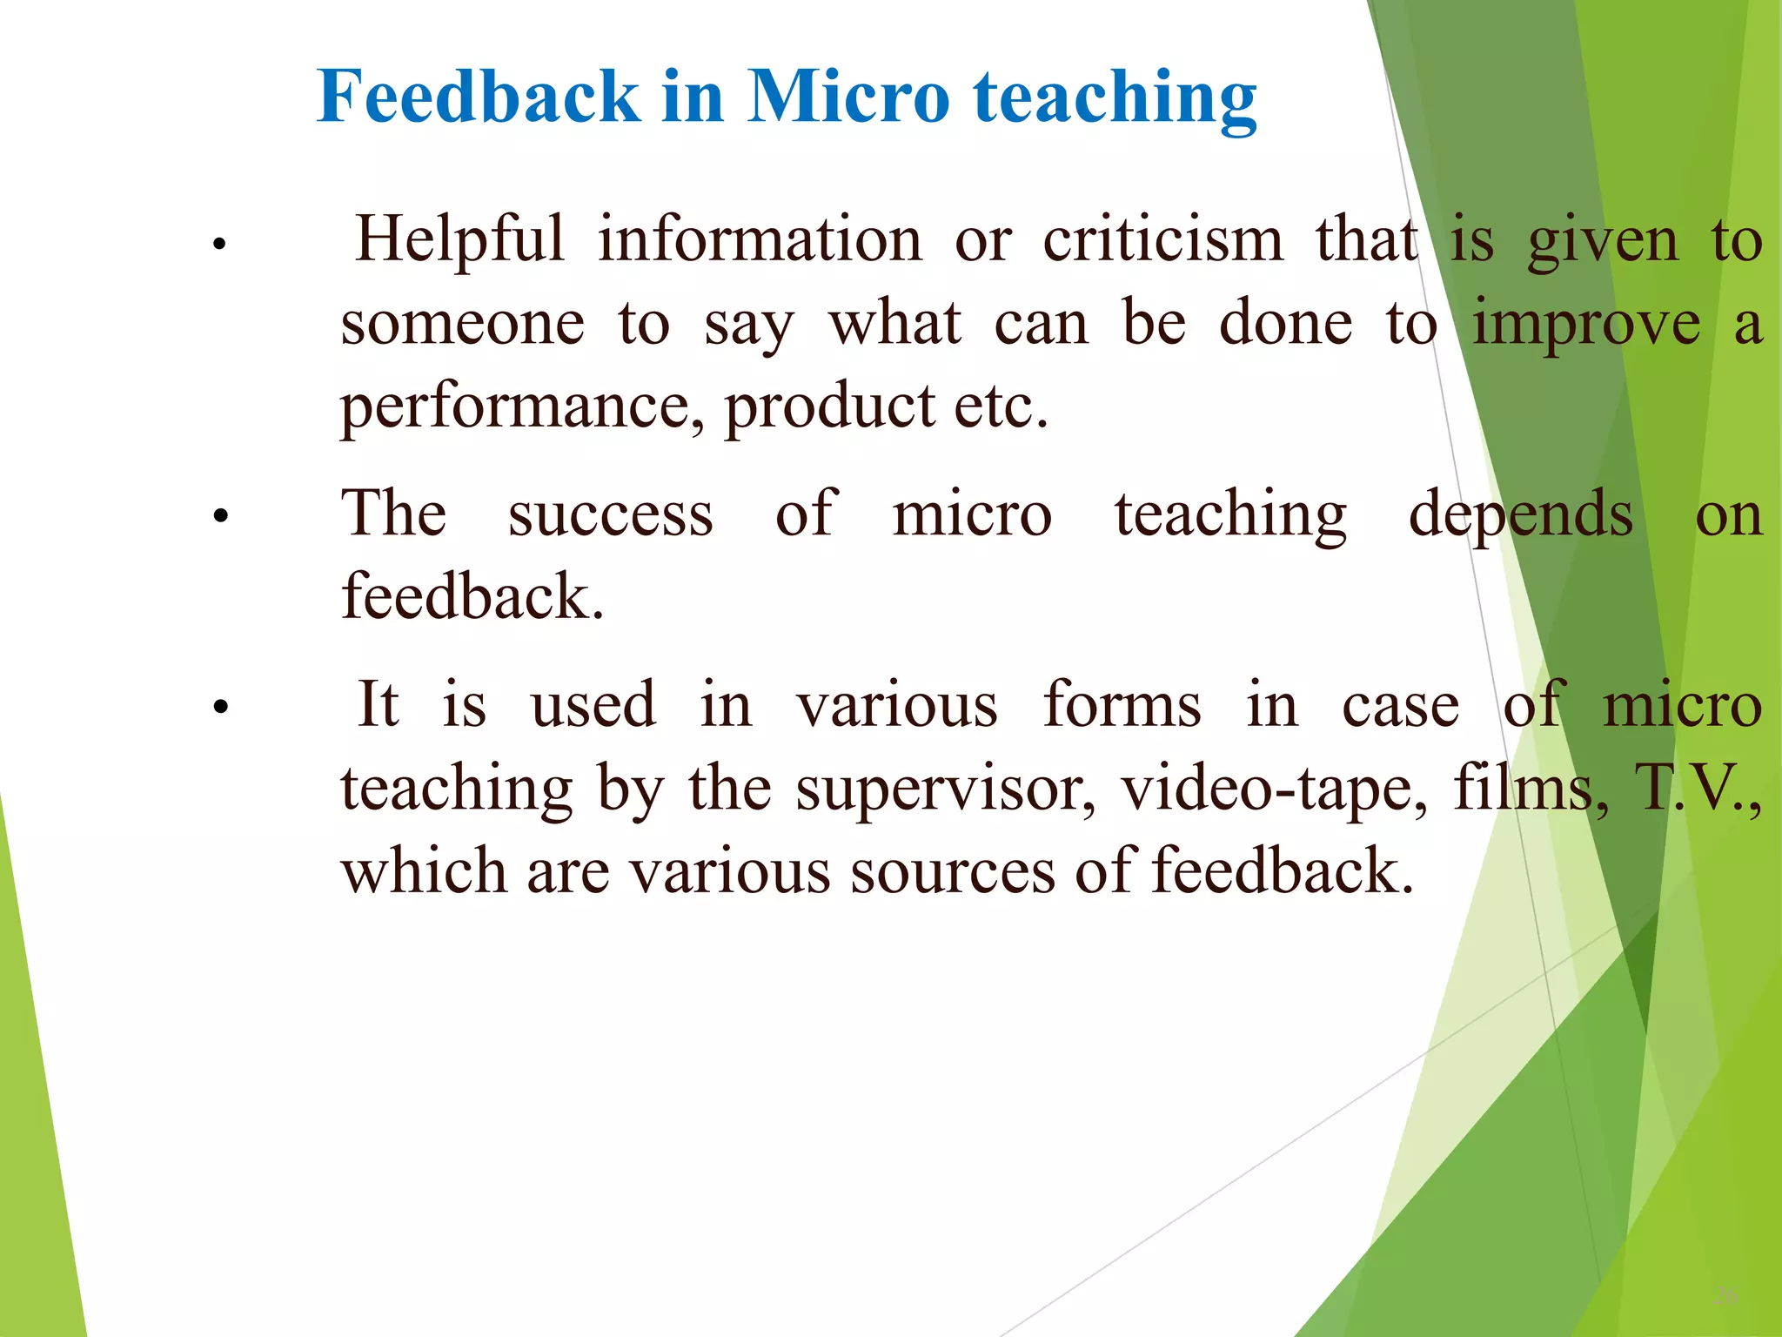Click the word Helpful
tap(459, 239)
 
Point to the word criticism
tap(1162, 239)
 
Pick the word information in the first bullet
tap(759, 239)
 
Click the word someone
tap(462, 324)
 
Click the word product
tap(829, 407)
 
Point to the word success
tap(610, 514)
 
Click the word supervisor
tap(946, 789)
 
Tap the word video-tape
tap(1274, 789)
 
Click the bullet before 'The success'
tap(220, 516)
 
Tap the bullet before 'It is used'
tap(220, 707)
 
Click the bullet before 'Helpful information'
tap(220, 244)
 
